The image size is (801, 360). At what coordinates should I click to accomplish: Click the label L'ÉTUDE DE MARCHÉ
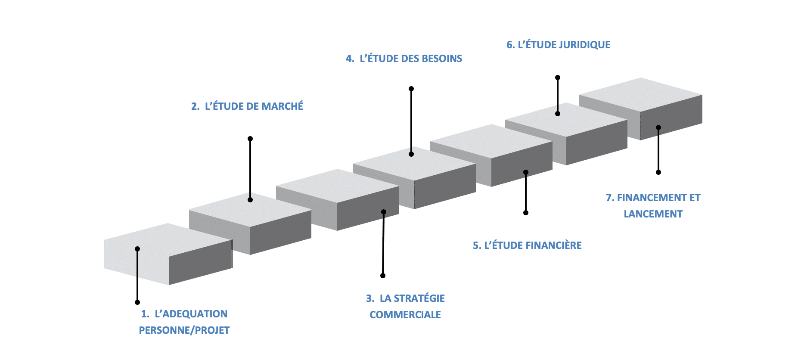(x=254, y=106)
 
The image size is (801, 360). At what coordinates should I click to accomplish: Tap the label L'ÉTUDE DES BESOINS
(x=411, y=59)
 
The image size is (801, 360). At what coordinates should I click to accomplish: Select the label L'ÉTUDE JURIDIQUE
(x=564, y=45)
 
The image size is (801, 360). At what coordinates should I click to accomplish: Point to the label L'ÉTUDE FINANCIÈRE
(x=533, y=245)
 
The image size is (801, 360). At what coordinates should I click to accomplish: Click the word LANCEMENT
(x=653, y=214)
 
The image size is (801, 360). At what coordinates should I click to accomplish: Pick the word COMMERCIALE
(x=405, y=315)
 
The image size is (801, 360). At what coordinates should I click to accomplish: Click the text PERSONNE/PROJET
(x=184, y=330)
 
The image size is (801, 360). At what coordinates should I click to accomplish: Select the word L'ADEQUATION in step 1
(x=191, y=314)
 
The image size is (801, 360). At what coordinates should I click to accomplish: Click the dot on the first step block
(x=137, y=249)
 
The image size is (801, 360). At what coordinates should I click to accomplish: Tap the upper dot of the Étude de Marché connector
(x=250, y=139)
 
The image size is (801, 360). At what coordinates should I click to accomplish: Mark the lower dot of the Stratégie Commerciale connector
(x=383, y=276)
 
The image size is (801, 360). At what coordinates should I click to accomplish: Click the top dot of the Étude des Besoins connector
(x=411, y=89)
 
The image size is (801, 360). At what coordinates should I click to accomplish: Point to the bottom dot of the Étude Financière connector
(x=526, y=213)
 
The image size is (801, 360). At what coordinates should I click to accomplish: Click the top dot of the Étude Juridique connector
(x=558, y=78)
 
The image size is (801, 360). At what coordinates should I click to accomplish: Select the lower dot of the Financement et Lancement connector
(x=658, y=172)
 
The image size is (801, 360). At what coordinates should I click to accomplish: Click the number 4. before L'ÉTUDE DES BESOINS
(x=350, y=59)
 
